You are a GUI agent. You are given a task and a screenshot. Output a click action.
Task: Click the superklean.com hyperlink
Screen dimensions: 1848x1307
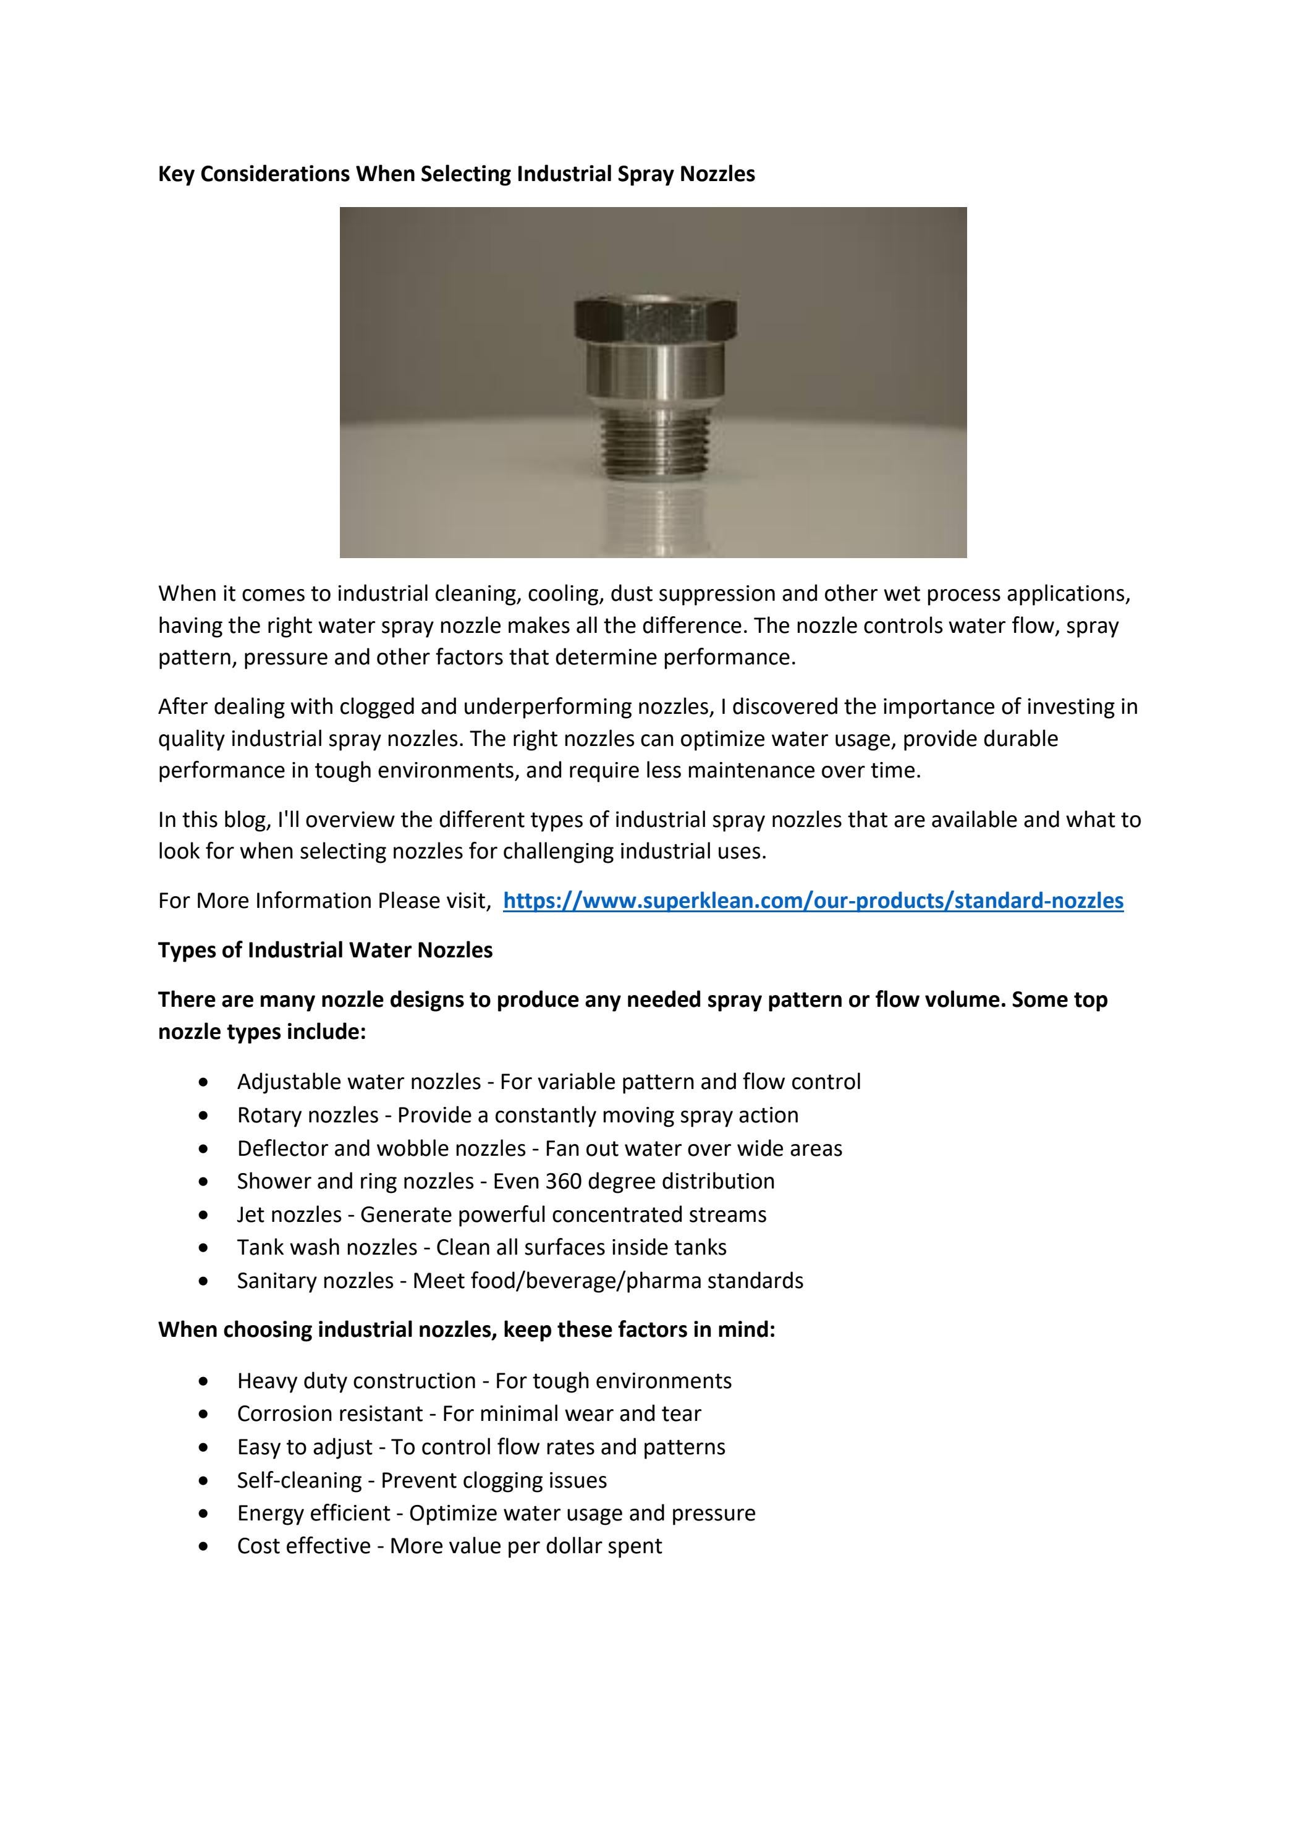pyautogui.click(x=813, y=901)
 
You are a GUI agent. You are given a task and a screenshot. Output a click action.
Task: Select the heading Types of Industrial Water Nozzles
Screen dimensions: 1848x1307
pyautogui.click(x=325, y=950)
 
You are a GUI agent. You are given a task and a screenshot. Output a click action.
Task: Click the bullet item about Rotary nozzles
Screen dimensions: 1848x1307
pyautogui.click(x=517, y=1115)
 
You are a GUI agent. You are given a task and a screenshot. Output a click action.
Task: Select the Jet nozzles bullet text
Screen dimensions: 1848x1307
pyautogui.click(x=501, y=1214)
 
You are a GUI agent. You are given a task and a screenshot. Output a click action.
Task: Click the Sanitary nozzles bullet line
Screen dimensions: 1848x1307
pyautogui.click(x=520, y=1281)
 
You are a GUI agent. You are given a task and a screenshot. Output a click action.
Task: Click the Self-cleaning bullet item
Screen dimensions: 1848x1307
pyautogui.click(x=421, y=1480)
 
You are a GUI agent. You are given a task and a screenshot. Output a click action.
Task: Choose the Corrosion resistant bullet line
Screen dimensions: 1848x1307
pyautogui.click(x=468, y=1414)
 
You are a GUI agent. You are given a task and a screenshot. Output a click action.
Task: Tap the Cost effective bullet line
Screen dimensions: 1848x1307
pyautogui.click(x=449, y=1546)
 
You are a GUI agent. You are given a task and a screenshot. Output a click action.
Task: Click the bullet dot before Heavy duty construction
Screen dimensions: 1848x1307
pyautogui.click(x=205, y=1381)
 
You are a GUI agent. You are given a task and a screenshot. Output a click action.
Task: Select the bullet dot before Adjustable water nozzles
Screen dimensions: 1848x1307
pyautogui.click(x=205, y=1082)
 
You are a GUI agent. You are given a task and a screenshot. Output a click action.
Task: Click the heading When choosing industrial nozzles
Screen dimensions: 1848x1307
pyautogui.click(x=466, y=1329)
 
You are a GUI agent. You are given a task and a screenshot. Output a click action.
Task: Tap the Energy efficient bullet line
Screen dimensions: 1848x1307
pyautogui.click(x=496, y=1513)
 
